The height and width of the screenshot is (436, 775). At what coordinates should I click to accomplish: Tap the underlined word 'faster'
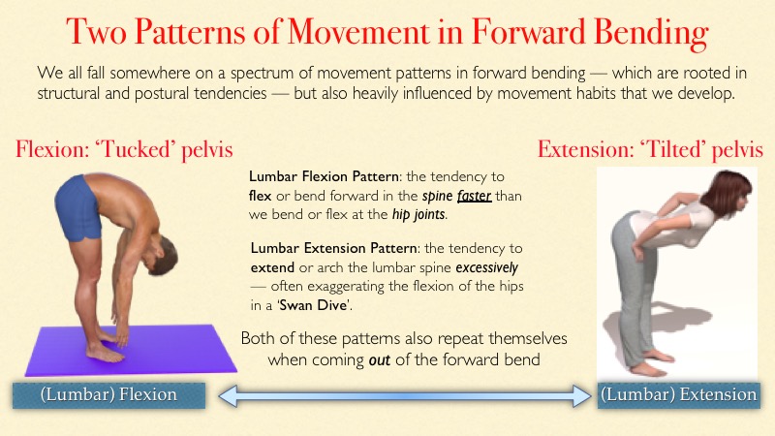pos(474,196)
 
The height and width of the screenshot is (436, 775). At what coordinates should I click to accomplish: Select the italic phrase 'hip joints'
pos(419,214)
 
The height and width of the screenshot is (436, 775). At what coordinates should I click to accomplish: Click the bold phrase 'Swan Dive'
pos(313,305)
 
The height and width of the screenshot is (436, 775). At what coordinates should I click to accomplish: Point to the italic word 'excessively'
pos(487,268)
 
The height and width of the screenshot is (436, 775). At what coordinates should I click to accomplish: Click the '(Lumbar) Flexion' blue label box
pos(108,395)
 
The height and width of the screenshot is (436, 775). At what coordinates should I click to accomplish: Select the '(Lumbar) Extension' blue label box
pos(679,395)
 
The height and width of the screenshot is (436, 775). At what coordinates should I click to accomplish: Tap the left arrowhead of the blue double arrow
pos(228,396)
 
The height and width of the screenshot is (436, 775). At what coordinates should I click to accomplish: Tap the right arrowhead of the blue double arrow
pos(582,396)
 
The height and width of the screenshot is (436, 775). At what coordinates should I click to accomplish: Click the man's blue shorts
pos(77,208)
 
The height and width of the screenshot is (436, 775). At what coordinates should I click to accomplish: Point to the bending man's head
pos(162,254)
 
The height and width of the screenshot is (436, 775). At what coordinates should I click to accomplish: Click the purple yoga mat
pos(131,350)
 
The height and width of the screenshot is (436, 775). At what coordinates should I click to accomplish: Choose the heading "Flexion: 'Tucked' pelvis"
pos(124,149)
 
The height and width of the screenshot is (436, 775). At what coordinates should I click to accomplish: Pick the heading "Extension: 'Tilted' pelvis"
pos(650,149)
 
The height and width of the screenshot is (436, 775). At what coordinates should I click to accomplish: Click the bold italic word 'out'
pos(380,359)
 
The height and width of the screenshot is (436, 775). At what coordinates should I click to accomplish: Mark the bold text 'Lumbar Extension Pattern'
pos(333,248)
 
